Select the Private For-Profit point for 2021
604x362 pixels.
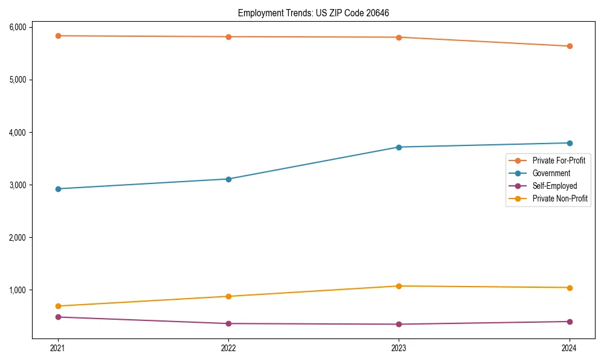[x=58, y=36]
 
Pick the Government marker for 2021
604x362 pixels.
[x=58, y=189]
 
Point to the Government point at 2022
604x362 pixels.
[x=228, y=179]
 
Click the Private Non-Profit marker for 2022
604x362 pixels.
[x=228, y=296]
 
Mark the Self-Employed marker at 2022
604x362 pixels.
[x=228, y=323]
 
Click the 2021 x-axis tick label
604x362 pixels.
[x=58, y=348]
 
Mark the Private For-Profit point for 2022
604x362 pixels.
[x=228, y=37]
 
